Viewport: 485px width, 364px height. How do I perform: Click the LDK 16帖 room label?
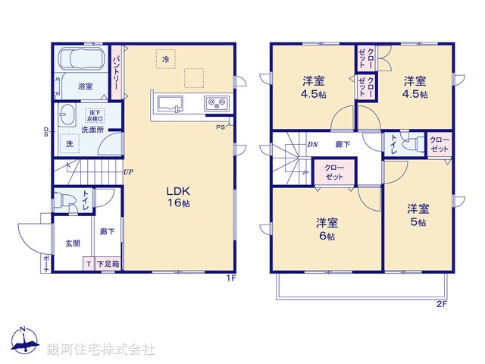pyautogui.click(x=178, y=197)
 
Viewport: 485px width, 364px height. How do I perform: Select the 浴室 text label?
pyautogui.click(x=85, y=86)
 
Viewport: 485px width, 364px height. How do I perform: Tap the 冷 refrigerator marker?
pyautogui.click(x=164, y=58)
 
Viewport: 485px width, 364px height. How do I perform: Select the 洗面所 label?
pyautogui.click(x=93, y=130)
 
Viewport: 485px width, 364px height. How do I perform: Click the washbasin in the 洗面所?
pyautogui.click(x=65, y=115)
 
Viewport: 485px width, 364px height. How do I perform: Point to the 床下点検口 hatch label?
pyautogui.click(x=93, y=116)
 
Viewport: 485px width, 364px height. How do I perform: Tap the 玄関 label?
pyautogui.click(x=72, y=243)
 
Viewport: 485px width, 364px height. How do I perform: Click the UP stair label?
pyautogui.click(x=129, y=172)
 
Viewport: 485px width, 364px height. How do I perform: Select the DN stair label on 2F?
pyautogui.click(x=312, y=144)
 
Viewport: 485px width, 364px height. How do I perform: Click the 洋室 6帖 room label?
pyautogui.click(x=326, y=229)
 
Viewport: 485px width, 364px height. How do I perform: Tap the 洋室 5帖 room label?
pyautogui.click(x=417, y=215)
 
